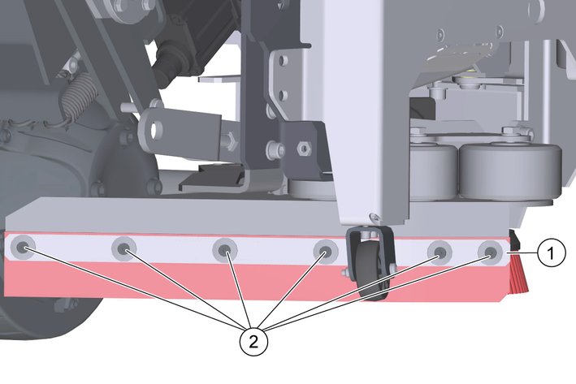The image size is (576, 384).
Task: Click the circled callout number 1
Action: click(551, 253)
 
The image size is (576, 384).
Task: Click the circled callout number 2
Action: click(253, 342)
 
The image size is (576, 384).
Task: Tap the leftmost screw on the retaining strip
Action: click(23, 247)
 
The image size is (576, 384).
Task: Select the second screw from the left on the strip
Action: click(123, 249)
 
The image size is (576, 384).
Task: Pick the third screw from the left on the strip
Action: click(225, 250)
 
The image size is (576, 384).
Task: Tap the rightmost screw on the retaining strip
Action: click(490, 252)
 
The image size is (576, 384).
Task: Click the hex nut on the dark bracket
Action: click(304, 149)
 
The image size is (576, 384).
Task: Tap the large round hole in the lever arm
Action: click(157, 129)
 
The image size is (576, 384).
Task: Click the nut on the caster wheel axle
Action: click(345, 273)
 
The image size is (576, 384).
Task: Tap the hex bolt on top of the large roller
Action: click(511, 132)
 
